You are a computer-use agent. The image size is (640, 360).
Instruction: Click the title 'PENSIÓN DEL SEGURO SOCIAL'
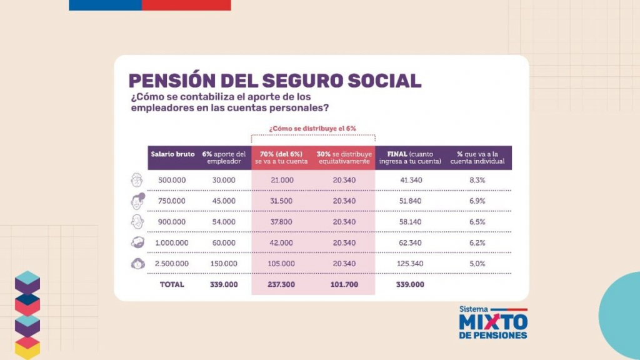coord(274,81)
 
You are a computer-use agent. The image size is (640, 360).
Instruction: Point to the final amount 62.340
coord(409,242)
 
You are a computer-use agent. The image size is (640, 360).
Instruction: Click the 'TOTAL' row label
coord(171,284)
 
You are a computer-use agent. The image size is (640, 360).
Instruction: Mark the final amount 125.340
coord(409,264)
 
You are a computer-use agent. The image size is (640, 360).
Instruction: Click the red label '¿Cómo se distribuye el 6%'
coord(312,128)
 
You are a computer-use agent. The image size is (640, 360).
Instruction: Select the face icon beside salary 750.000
coord(137,201)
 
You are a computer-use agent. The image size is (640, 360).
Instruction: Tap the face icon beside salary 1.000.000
coord(137,242)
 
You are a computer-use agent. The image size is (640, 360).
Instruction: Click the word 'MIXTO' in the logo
coord(493,322)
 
